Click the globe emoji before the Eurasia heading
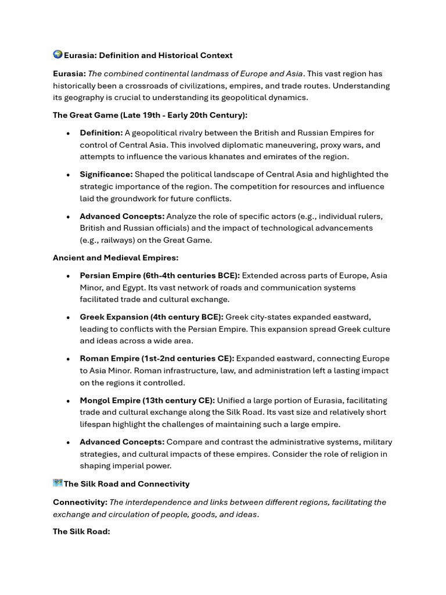click(57, 55)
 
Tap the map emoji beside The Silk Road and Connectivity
click(57, 483)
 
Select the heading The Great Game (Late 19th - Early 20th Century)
click(150, 115)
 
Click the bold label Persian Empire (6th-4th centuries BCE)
click(160, 275)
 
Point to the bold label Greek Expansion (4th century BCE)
click(152, 317)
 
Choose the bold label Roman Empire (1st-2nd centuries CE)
click(157, 359)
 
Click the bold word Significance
click(106, 174)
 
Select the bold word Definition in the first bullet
click(101, 132)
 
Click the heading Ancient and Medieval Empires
click(114, 257)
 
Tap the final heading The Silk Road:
click(81, 532)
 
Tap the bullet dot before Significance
click(68, 175)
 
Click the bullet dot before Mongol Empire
click(68, 401)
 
